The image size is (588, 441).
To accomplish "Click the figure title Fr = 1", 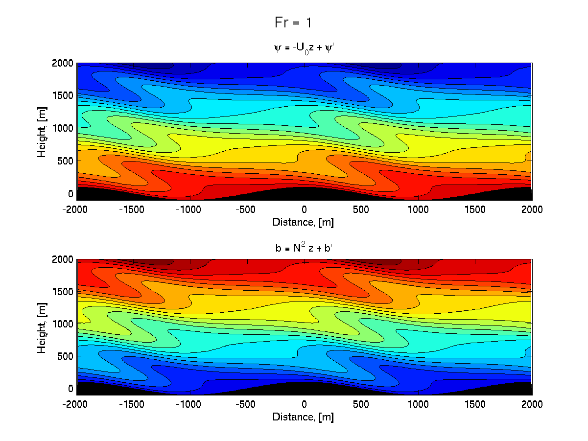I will tap(293, 23).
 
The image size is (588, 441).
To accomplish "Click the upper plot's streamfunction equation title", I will tap(304, 48).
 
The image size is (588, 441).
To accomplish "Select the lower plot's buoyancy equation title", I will tap(304, 248).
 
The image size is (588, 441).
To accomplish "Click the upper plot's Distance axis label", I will tap(304, 222).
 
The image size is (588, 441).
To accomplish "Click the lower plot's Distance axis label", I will tap(304, 417).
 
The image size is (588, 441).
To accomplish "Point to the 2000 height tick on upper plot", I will tap(65, 63).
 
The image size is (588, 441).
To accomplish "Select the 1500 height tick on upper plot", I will tap(65, 95).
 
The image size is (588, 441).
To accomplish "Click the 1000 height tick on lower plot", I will tap(65, 324).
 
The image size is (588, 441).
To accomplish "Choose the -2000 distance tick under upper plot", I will tap(77, 210).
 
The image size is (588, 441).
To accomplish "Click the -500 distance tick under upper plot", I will tap(247, 210).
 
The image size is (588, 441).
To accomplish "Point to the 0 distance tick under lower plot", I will tap(304, 405).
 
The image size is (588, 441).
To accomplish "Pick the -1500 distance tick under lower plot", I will tap(134, 405).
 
